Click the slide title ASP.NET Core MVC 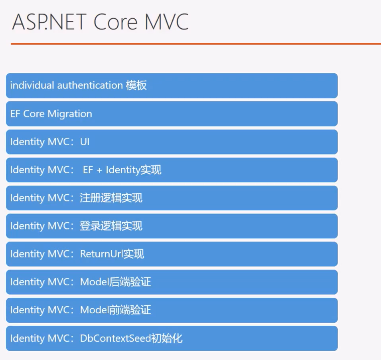[x=100, y=22]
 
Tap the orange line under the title [x=195, y=44]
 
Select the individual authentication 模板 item [x=172, y=85]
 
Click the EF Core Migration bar [x=172, y=114]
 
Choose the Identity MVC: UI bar [x=172, y=142]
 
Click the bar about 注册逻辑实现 [x=172, y=198]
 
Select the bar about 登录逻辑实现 [x=172, y=226]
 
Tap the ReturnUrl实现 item [x=172, y=254]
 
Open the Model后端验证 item [x=172, y=282]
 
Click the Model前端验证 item [x=172, y=310]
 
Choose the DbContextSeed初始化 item [x=172, y=338]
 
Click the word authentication [x=90, y=85]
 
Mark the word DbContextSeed [x=115, y=338]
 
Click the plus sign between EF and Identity [x=99, y=170]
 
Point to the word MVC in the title [x=166, y=22]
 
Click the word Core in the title [x=116, y=22]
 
